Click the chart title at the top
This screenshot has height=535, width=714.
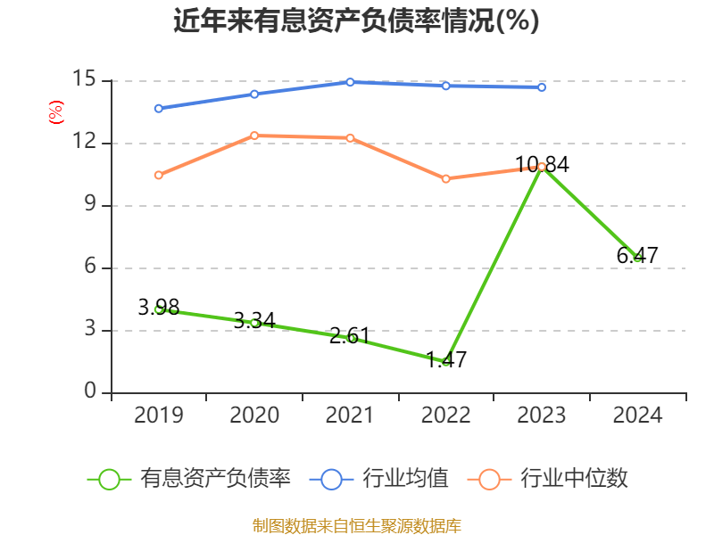(x=356, y=21)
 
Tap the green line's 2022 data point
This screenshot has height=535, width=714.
(x=445, y=361)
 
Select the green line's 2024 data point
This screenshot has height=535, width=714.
(x=637, y=258)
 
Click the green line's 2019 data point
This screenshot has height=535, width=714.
(x=158, y=309)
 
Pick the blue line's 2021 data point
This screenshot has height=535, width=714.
(x=350, y=82)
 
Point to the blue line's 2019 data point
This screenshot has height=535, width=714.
(x=158, y=109)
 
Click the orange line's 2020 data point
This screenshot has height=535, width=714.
(x=254, y=136)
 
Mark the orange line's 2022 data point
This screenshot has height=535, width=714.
(x=445, y=178)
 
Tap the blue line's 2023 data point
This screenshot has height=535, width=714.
(x=542, y=87)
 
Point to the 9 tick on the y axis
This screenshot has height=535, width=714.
(x=90, y=205)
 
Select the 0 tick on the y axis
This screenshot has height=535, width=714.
(x=90, y=392)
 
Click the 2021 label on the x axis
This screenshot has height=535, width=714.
(x=350, y=416)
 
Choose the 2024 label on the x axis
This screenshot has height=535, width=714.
(x=637, y=416)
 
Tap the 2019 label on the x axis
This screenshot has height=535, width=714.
(x=158, y=416)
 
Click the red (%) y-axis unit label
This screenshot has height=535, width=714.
(x=55, y=112)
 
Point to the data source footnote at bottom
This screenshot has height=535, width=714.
(x=356, y=525)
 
